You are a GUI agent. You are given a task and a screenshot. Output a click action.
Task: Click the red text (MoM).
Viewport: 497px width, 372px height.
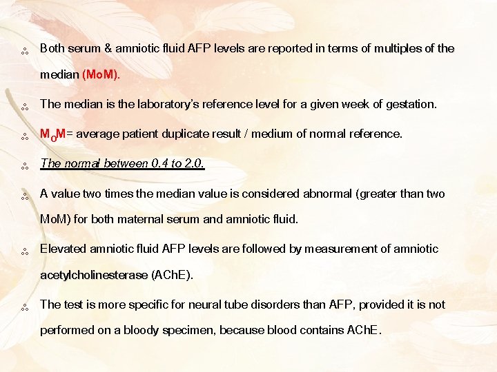click(x=101, y=74)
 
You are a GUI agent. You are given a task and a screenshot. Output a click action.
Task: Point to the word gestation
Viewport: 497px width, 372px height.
click(x=411, y=105)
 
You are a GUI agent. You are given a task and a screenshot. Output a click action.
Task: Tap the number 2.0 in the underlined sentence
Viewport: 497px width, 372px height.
click(x=193, y=164)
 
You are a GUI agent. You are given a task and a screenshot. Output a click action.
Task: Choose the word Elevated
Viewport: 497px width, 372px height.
click(x=63, y=249)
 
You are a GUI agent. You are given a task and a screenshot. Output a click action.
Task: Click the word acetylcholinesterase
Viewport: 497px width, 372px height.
click(x=94, y=275)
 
